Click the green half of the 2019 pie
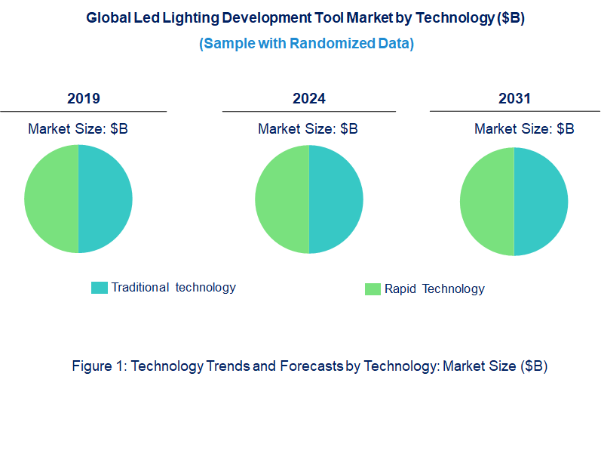tap(51, 199)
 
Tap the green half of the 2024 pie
tap(282, 199)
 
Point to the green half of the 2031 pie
tap(487, 202)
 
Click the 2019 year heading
tap(83, 99)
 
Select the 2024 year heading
tap(309, 99)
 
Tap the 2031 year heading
tap(514, 99)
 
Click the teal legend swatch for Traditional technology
tap(99, 288)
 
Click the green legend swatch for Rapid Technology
tap(373, 289)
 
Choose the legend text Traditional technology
tap(173, 287)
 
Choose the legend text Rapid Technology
tap(434, 288)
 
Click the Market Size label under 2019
tap(78, 129)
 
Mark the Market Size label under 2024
tap(308, 129)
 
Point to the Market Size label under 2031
tap(524, 129)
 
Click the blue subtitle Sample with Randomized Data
tap(306, 44)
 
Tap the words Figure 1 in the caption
tap(99, 366)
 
